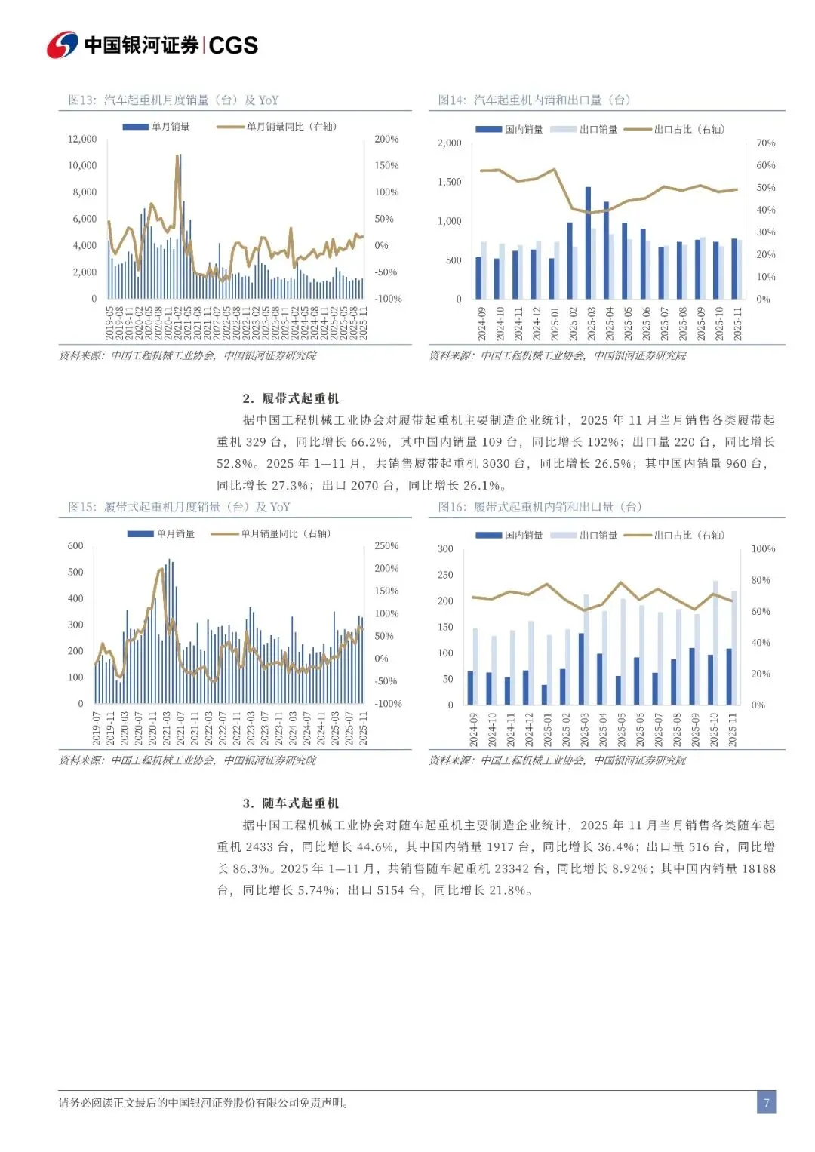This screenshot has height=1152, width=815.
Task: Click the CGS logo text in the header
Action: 233,45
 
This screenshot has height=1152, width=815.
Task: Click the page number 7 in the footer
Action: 766,1102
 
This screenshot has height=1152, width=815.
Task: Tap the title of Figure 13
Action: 174,100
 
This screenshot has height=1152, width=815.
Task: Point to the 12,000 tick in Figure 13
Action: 82,139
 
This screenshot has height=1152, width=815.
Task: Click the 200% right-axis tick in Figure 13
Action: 386,139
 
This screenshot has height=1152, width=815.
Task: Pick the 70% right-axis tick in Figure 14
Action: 765,143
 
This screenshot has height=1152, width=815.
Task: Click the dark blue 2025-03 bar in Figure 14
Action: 589,241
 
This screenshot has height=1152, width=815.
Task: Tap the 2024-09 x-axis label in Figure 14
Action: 481,324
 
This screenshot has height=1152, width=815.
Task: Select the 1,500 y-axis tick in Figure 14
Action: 450,182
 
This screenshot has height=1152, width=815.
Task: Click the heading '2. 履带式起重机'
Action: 291,398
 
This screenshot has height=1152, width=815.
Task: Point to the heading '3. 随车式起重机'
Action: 291,803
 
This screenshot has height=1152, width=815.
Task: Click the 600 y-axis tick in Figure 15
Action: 75,545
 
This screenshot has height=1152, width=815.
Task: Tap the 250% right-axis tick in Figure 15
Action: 386,545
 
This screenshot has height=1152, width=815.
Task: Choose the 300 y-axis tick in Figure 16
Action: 445,548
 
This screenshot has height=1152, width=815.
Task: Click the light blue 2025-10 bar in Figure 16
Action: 716,641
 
